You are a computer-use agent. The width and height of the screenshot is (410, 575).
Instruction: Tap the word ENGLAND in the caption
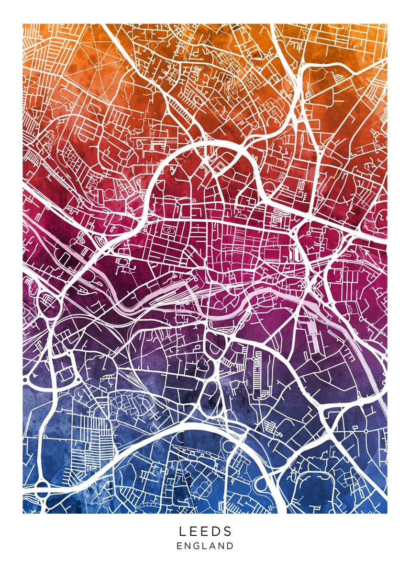(205, 546)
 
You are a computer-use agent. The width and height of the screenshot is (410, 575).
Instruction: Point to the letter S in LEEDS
(228, 531)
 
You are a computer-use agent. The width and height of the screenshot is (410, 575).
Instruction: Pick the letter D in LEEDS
(217, 531)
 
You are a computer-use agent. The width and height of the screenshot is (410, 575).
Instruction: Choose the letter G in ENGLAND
(198, 546)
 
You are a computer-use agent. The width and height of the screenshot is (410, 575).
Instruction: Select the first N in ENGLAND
(188, 546)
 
